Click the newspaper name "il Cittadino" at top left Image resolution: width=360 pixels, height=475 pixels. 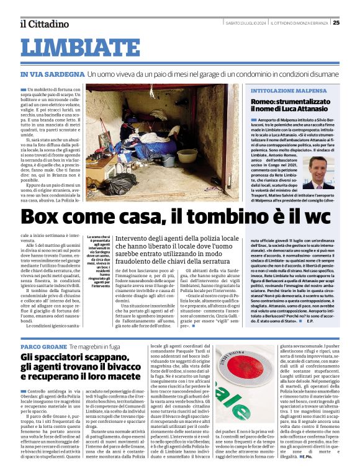tap(44, 24)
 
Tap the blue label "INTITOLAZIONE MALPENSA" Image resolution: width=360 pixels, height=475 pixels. tap(287, 91)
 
